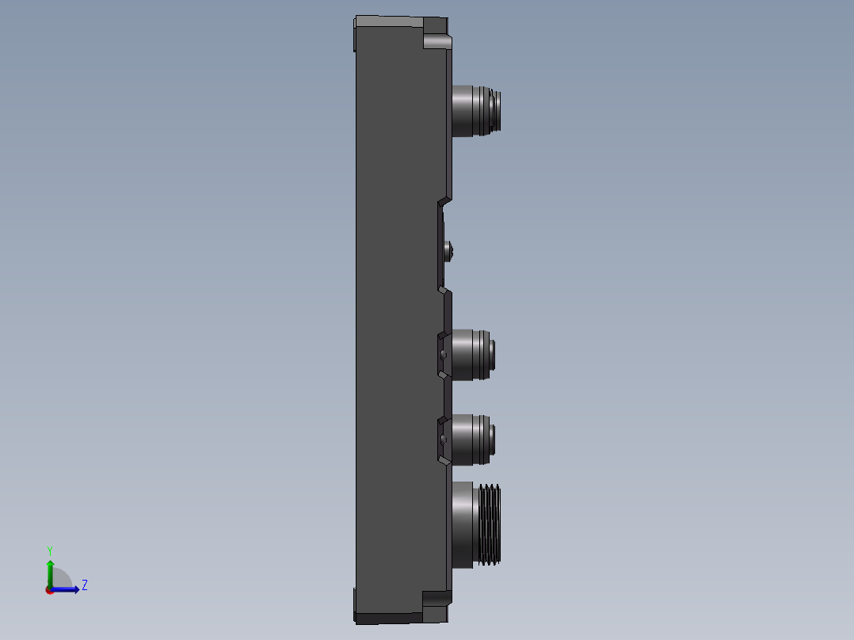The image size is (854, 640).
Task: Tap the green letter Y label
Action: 50,550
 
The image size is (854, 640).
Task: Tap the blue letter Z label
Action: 84,585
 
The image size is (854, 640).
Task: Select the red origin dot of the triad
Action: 50,590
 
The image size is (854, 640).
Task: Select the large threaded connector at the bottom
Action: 475,524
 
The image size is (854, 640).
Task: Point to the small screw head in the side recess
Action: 451,252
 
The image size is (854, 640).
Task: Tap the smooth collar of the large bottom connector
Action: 463,524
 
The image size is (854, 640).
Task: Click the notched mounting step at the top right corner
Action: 437,40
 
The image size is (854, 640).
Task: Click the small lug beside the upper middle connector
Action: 443,354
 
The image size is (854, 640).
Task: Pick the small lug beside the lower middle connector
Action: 443,438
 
